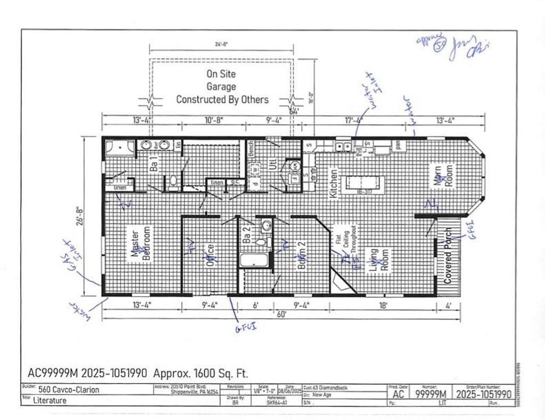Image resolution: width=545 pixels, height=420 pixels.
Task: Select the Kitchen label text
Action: pos(334,183)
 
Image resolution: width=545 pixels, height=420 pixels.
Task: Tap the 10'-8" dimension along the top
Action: pos(213,120)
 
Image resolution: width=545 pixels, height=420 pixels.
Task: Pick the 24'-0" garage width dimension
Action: pos(222,45)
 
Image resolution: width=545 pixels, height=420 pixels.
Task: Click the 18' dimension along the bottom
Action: pos(383,305)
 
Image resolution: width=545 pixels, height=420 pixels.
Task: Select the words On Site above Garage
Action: pos(221,74)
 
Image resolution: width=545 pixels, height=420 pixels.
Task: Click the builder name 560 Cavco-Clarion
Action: pos(65,389)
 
